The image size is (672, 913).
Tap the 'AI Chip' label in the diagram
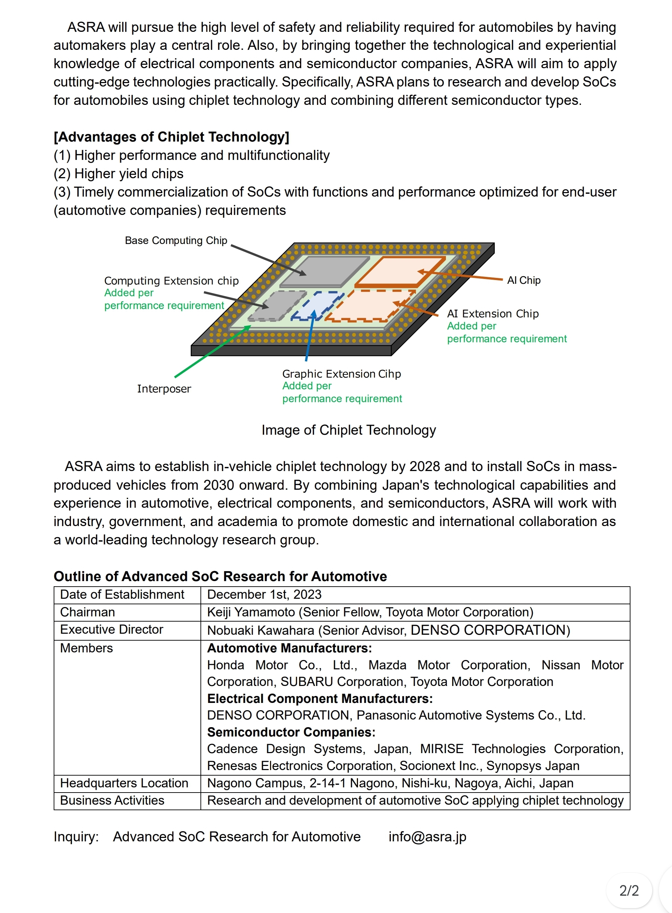pyautogui.click(x=523, y=280)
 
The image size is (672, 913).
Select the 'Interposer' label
pyautogui.click(x=164, y=389)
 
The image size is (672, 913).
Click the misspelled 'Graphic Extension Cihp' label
pyautogui.click(x=341, y=374)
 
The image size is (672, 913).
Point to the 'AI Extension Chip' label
pyautogui.click(x=493, y=314)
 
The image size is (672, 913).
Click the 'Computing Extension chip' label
pyautogui.click(x=171, y=281)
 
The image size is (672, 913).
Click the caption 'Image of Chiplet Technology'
pyautogui.click(x=349, y=430)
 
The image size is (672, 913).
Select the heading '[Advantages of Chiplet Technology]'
pyautogui.click(x=171, y=137)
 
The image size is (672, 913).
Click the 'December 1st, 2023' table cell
pyautogui.click(x=265, y=595)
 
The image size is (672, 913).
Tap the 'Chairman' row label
pyautogui.click(x=88, y=612)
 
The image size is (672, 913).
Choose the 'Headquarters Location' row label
pyautogui.click(x=124, y=783)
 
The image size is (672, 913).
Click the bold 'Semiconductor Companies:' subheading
pyautogui.click(x=291, y=732)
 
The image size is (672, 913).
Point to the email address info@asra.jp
pyautogui.click(x=427, y=837)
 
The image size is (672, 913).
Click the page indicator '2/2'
pyautogui.click(x=629, y=891)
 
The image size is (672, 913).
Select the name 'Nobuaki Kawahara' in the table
pyautogui.click(x=261, y=630)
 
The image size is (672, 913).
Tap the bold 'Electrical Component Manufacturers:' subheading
pyautogui.click(x=320, y=698)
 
